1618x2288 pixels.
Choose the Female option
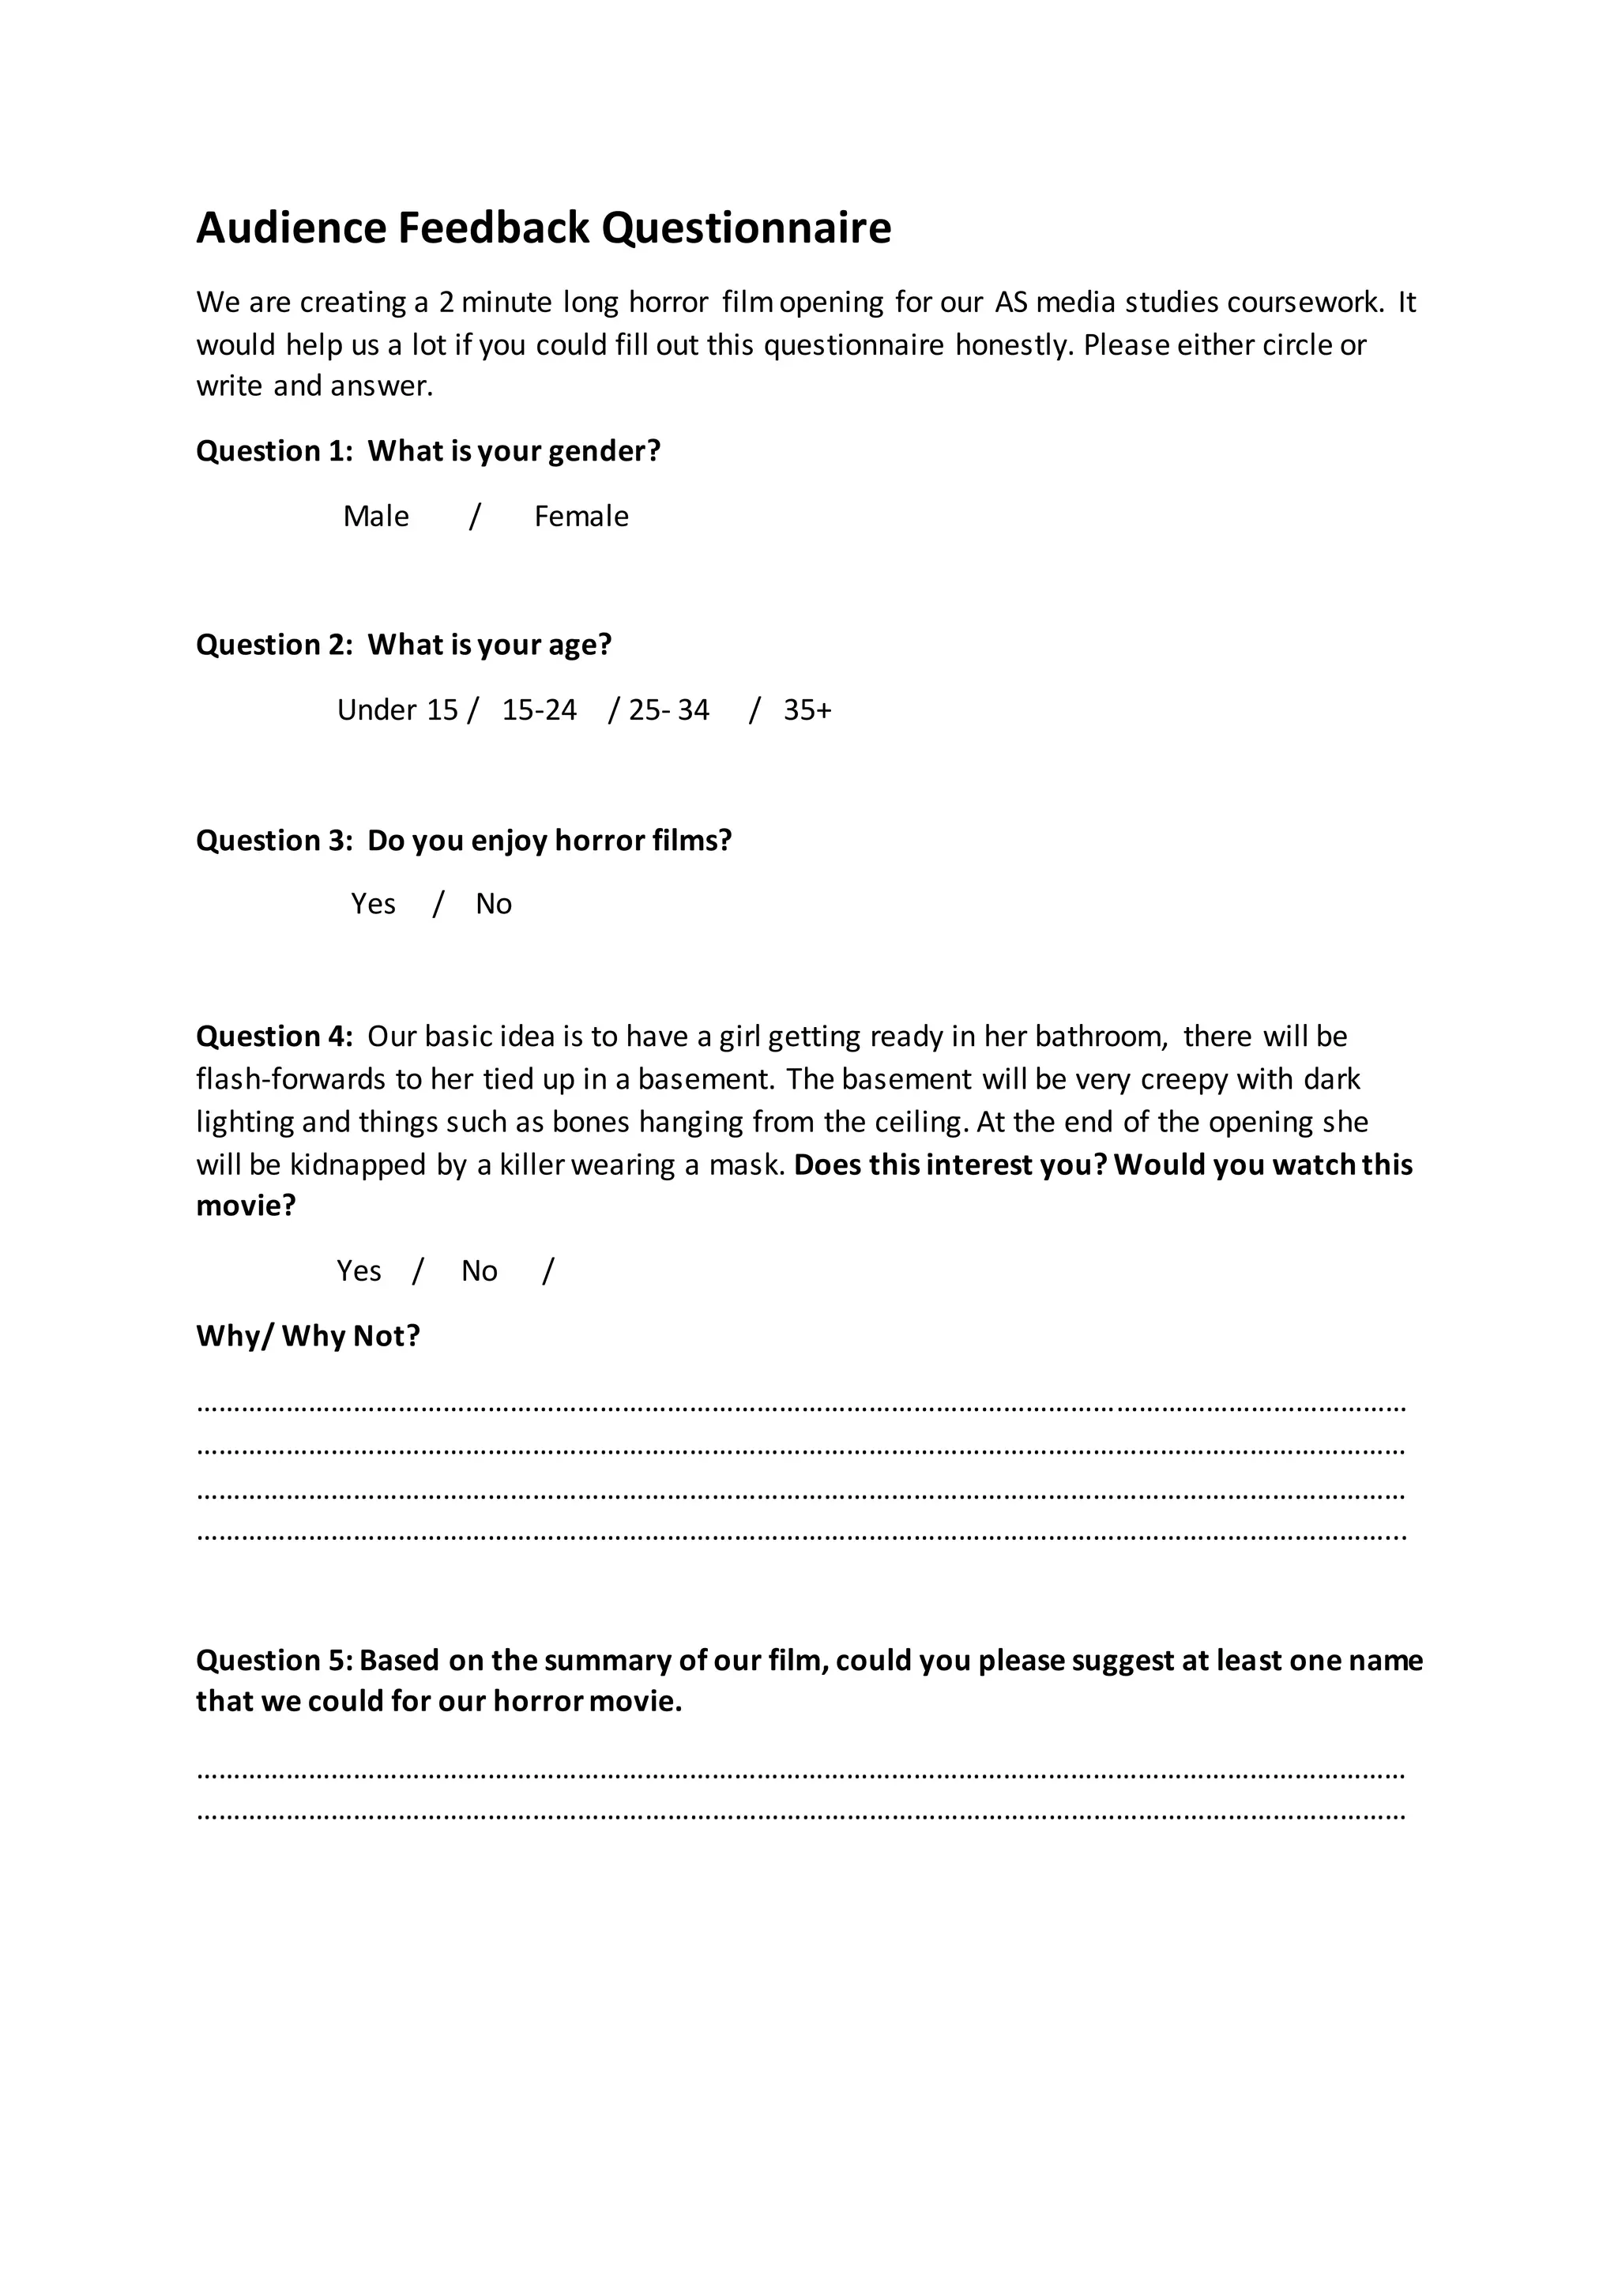(x=581, y=516)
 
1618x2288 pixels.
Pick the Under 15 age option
(x=397, y=709)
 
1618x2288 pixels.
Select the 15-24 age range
(x=539, y=709)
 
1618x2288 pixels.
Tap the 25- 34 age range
(x=668, y=709)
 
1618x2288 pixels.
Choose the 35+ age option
(x=807, y=709)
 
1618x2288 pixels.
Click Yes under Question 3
(x=373, y=904)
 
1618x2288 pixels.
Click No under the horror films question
(x=493, y=904)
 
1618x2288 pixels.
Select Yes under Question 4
(x=359, y=1270)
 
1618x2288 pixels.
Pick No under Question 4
(x=480, y=1270)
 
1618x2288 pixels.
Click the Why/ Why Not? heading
(x=308, y=1335)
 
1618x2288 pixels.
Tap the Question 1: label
(x=274, y=451)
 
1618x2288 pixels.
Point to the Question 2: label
(x=274, y=645)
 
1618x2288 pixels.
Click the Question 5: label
(x=274, y=1660)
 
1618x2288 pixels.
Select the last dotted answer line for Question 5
(x=801, y=1816)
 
